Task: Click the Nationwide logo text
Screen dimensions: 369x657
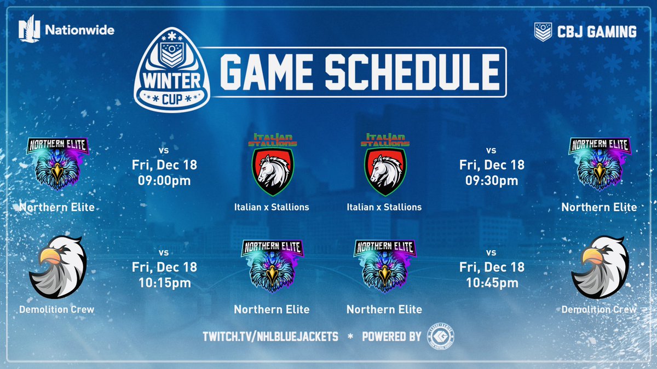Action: point(79,30)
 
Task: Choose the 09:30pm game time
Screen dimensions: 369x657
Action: point(492,180)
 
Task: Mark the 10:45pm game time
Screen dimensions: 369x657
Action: point(492,283)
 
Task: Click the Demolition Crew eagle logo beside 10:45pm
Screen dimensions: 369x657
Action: point(598,268)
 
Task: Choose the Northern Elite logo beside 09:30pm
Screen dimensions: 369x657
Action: point(599,165)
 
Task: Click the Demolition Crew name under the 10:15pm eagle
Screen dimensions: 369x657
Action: point(56,309)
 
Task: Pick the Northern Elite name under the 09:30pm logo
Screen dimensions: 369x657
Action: point(599,207)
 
